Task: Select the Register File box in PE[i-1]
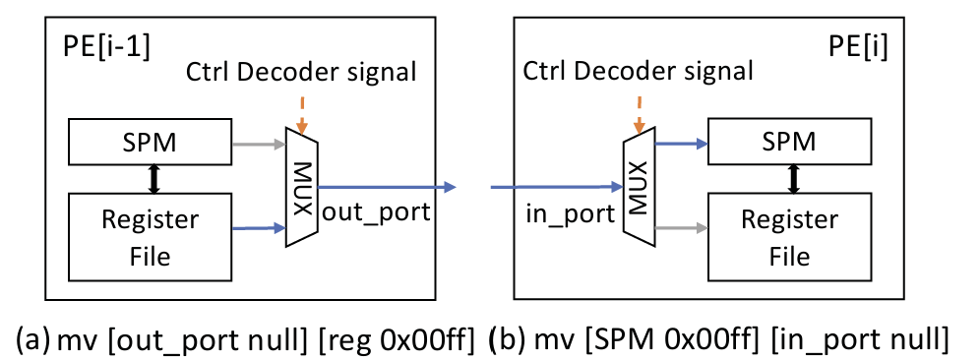pyautogui.click(x=150, y=237)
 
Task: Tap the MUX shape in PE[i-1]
pyautogui.click(x=302, y=187)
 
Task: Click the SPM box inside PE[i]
pyautogui.click(x=790, y=144)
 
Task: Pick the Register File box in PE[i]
pyautogui.click(x=790, y=236)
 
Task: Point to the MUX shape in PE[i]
pyautogui.click(x=640, y=185)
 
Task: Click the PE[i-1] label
pyautogui.click(x=107, y=49)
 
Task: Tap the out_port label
pyautogui.click(x=376, y=212)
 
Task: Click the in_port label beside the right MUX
pyautogui.click(x=571, y=214)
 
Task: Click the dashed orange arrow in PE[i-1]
pyautogui.click(x=301, y=114)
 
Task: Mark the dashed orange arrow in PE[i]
pyautogui.click(x=639, y=114)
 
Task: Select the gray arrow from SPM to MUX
pyautogui.click(x=259, y=145)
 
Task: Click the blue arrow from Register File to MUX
pyautogui.click(x=259, y=229)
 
